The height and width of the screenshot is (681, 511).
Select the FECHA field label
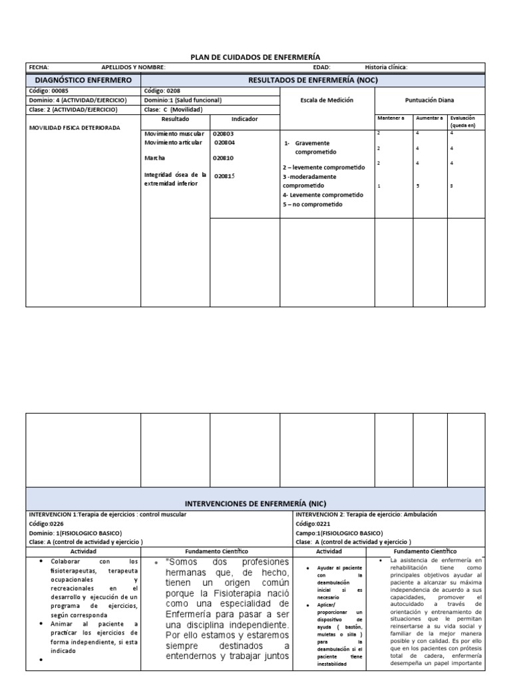[39, 67]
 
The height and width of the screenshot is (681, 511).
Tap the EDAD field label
[321, 67]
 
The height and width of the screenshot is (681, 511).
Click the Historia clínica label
[386, 67]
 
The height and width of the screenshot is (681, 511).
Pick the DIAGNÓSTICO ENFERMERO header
[83, 80]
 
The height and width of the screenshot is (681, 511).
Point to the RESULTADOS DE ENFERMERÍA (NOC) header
[312, 80]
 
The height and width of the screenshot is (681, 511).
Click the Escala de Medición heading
[327, 100]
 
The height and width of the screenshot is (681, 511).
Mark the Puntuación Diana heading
[429, 100]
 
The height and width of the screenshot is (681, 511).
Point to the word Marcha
[154, 158]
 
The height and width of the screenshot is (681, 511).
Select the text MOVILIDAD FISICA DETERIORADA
[75, 127]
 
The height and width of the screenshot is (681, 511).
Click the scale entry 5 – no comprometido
[312, 205]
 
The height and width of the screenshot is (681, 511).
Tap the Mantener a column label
[391, 118]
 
